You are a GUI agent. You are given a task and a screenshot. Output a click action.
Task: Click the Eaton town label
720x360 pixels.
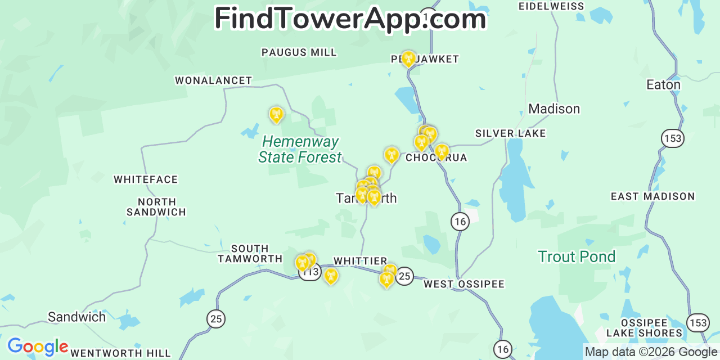[x=663, y=85]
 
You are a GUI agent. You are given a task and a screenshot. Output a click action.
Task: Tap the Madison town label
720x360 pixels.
[x=553, y=109]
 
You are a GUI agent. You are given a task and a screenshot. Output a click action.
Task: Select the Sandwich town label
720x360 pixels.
[x=76, y=317]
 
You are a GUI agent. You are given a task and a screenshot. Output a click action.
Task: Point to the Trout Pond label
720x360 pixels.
[x=577, y=257]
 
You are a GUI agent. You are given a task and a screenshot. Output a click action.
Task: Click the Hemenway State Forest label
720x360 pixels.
[x=300, y=150]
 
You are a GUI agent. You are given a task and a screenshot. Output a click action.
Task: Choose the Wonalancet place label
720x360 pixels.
[x=213, y=80]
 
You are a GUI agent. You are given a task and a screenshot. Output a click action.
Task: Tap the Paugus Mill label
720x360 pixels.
[x=299, y=52]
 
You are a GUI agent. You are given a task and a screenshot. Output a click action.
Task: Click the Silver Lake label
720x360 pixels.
[x=510, y=133]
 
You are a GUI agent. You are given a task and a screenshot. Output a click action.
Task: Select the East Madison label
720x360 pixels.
[x=652, y=196]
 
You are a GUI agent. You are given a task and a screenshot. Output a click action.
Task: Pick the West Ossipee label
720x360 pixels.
[x=464, y=284]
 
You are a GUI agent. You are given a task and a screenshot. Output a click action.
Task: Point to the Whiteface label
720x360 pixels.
[x=146, y=179]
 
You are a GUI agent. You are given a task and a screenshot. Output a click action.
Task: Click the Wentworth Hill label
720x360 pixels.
[x=120, y=353]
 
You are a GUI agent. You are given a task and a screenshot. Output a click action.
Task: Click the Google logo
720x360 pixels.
[x=37, y=346]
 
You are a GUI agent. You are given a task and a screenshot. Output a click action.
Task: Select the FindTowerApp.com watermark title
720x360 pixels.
[x=350, y=19]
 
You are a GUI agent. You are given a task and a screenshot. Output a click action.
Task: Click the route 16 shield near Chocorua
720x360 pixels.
[x=460, y=222]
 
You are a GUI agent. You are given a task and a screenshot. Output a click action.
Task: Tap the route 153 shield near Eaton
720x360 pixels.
[x=672, y=138]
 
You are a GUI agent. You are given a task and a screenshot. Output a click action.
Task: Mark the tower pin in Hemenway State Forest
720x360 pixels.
[x=276, y=114]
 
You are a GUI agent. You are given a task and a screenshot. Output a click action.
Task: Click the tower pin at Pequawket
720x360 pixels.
[x=408, y=58]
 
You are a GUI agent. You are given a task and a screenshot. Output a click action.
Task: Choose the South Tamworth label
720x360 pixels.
[x=250, y=254]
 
